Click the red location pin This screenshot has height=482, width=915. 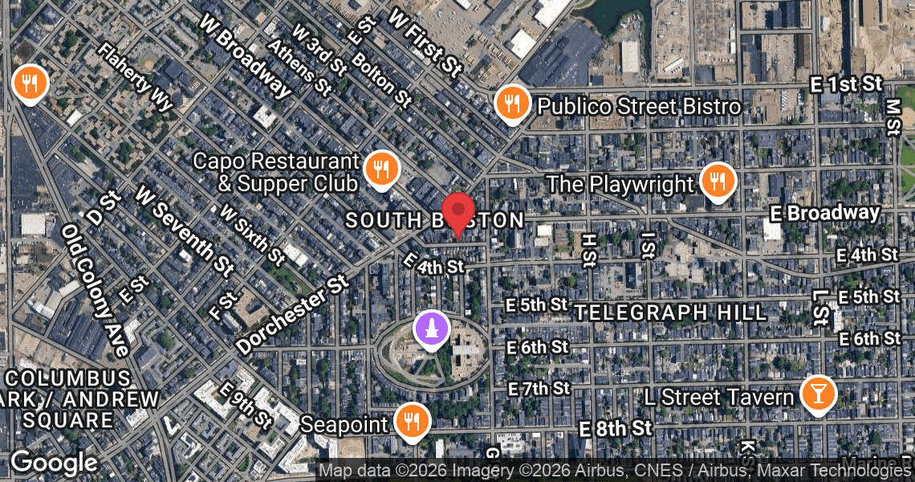458,213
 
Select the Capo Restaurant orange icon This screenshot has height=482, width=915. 381,169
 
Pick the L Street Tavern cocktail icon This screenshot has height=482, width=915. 819,394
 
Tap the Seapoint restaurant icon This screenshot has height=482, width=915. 412,420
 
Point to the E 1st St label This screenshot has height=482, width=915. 849,84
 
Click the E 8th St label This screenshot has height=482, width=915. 616,428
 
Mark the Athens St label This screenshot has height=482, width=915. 299,65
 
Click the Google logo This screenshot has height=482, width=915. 55,464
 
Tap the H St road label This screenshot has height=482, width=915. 588,250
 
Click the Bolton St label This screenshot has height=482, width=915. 381,80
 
